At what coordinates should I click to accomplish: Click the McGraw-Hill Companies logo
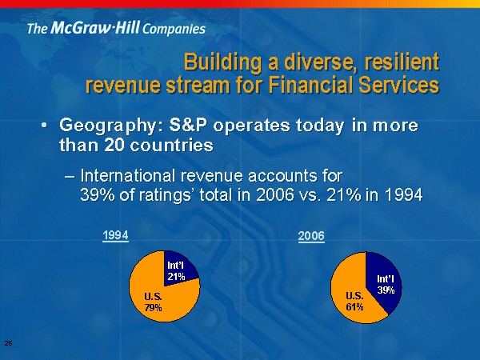click(x=116, y=29)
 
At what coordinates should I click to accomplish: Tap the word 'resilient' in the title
click(x=398, y=62)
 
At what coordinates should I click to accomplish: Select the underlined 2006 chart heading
click(x=310, y=236)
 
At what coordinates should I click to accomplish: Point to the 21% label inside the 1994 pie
click(x=176, y=277)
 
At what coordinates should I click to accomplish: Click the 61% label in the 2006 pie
click(x=354, y=306)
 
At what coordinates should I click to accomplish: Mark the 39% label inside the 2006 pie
click(x=386, y=290)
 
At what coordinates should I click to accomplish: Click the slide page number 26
click(x=9, y=342)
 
